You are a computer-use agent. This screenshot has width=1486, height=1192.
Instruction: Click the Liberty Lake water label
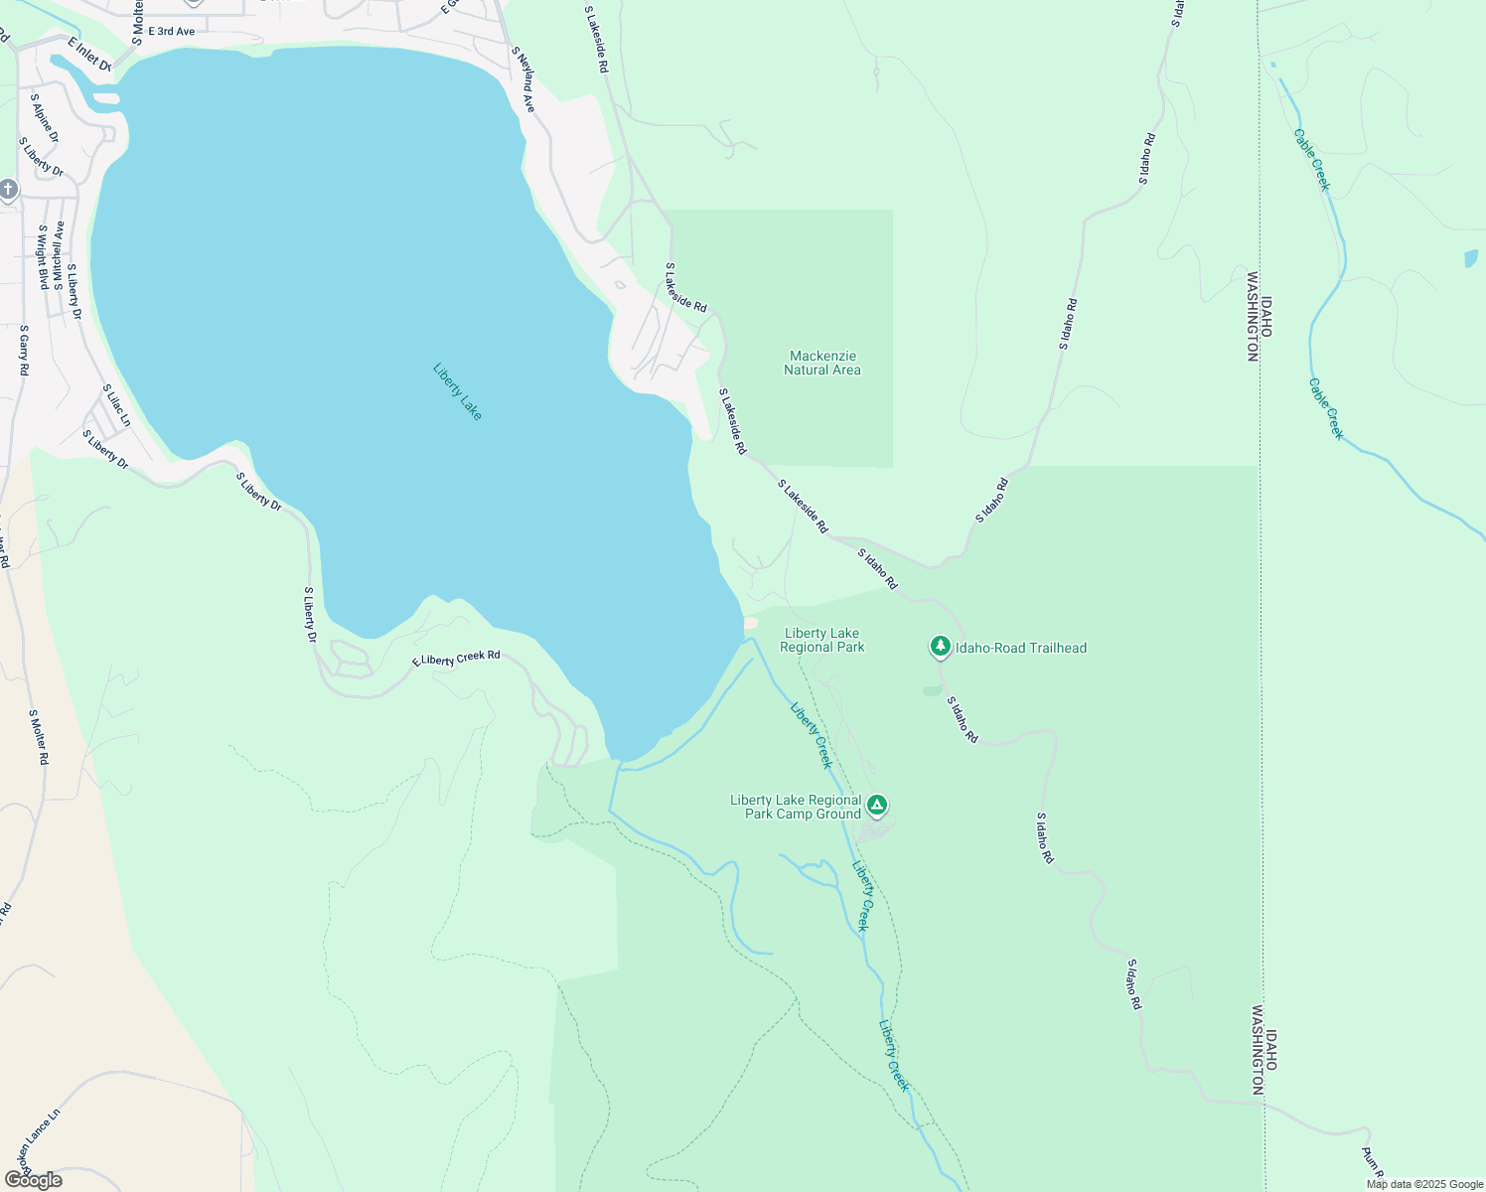coord(457,391)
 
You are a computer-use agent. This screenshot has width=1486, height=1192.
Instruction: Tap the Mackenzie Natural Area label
coord(822,363)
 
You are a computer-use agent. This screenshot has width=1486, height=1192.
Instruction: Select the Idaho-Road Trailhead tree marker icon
coord(940,647)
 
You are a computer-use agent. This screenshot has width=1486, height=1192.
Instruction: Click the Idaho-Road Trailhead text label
coord(1021,648)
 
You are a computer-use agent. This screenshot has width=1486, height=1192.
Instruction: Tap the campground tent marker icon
coord(877,805)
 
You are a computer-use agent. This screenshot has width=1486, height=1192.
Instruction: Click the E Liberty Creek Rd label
coord(457,660)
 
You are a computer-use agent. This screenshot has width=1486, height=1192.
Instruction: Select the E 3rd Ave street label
coord(171,32)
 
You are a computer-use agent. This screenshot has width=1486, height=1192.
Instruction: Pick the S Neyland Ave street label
coord(523,78)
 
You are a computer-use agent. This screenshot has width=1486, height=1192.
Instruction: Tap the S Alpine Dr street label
coord(45,118)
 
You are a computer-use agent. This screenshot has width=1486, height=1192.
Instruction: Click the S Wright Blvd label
coord(43,256)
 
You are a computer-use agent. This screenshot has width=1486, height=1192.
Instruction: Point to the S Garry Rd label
coord(24,349)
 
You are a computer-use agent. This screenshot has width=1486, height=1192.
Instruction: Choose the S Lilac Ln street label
coord(116,405)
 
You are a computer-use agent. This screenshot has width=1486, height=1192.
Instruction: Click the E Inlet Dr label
coord(89,55)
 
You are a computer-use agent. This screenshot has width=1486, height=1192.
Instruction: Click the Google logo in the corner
coord(33,1180)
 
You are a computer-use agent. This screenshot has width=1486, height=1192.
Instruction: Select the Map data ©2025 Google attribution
coord(1423,1184)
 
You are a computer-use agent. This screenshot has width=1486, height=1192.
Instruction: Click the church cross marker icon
coord(8,190)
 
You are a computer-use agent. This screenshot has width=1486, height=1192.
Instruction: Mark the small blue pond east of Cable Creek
coord(1471,259)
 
